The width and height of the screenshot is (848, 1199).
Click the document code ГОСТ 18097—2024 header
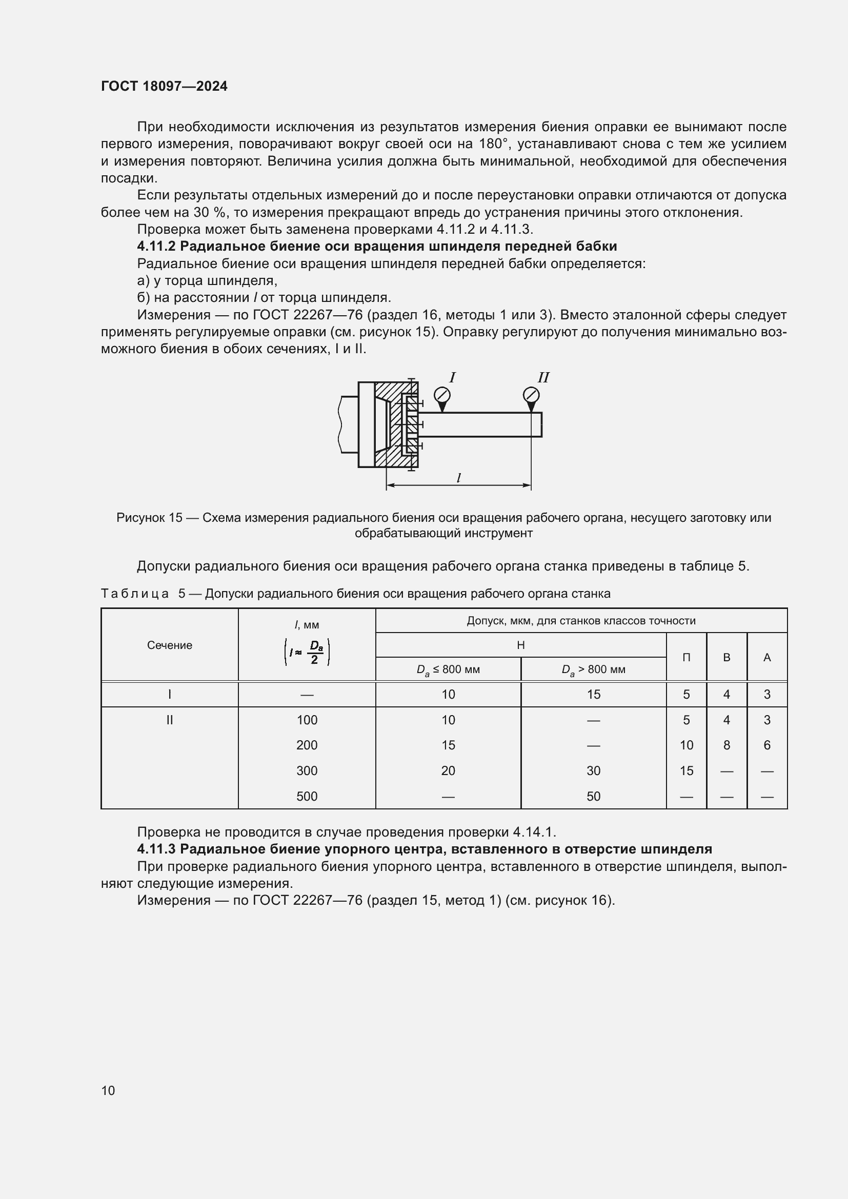pyautogui.click(x=164, y=86)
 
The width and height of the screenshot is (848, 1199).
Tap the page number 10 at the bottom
pyautogui.click(x=108, y=1090)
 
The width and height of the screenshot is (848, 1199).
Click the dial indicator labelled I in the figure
pyautogui.click(x=442, y=395)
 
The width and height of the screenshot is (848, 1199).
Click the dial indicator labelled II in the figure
pyautogui.click(x=531, y=395)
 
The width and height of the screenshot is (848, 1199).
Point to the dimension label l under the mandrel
pyautogui.click(x=458, y=478)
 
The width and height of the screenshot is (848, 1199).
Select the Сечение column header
pyautogui.click(x=169, y=645)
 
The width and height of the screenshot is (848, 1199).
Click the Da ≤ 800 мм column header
pyautogui.click(x=448, y=669)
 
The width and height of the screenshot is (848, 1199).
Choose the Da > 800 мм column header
pyautogui.click(x=593, y=669)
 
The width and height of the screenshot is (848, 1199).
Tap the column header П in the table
pyautogui.click(x=686, y=658)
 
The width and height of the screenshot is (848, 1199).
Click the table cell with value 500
pyautogui.click(x=307, y=797)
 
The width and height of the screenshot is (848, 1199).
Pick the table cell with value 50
pyautogui.click(x=593, y=797)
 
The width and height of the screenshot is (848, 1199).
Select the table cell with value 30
pyautogui.click(x=593, y=771)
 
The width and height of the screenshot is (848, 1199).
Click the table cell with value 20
pyautogui.click(x=448, y=771)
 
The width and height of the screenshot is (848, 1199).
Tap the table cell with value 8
pyautogui.click(x=726, y=745)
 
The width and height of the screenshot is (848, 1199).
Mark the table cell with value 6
pyautogui.click(x=766, y=745)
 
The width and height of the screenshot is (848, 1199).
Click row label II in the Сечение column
pyautogui.click(x=169, y=720)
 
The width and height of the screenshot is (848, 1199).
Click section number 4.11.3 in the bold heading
pyautogui.click(x=156, y=849)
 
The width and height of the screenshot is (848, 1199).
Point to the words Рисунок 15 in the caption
pyautogui.click(x=149, y=518)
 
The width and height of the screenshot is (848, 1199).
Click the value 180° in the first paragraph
pyautogui.click(x=493, y=144)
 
